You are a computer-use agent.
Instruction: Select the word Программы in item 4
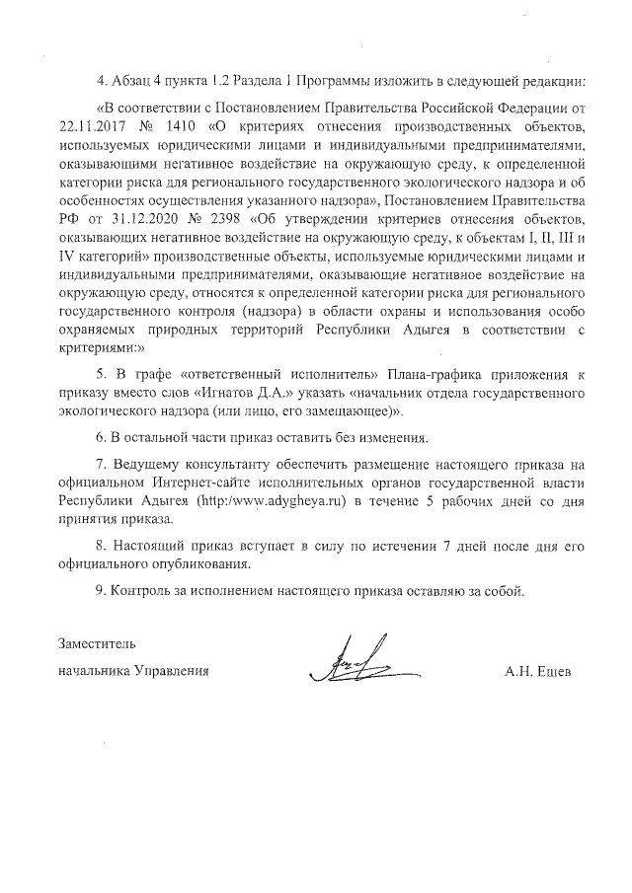pyautogui.click(x=342, y=80)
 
